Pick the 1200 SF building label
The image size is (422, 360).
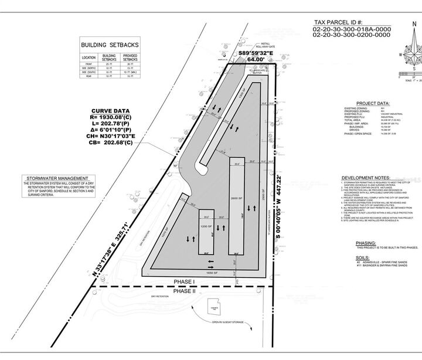206,225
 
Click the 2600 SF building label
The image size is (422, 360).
236,198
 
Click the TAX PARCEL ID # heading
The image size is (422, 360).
349,23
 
